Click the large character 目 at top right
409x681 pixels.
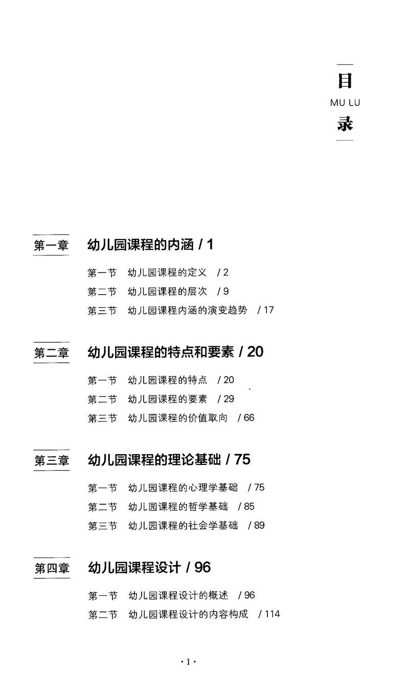345,81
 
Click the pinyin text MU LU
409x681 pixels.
345,103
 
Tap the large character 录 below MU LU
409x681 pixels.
345,124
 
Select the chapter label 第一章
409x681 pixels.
51,245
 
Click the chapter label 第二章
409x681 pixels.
51,353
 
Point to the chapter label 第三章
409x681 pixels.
51,460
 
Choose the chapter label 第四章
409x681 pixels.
51,568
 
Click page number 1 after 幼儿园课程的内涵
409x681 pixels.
210,245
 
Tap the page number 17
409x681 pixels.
269,310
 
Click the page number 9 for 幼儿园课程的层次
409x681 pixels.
226,291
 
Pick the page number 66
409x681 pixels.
248,418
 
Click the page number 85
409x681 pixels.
249,507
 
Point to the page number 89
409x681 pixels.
259,526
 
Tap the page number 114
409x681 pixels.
272,614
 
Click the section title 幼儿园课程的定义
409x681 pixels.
167,273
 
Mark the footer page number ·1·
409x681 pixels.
189,663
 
